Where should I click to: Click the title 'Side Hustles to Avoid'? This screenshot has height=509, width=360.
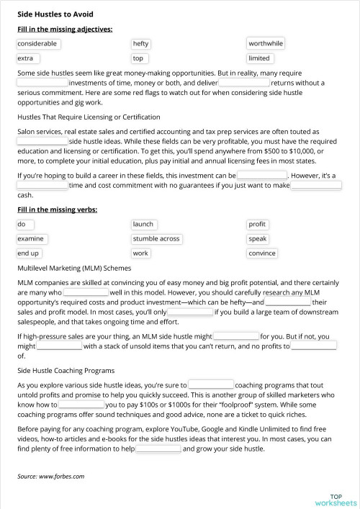coord(55,14)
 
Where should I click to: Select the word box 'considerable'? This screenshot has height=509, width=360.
coord(37,44)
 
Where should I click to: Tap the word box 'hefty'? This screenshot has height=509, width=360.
coord(141,44)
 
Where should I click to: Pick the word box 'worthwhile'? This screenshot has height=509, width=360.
coord(266,44)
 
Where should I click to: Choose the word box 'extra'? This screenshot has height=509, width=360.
coord(28,58)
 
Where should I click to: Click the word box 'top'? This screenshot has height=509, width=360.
coord(139,58)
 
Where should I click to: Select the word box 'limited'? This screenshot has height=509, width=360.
coord(259,58)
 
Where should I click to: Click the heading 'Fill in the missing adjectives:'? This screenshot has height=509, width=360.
coord(65,30)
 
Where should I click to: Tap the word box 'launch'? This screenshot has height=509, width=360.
coord(144,225)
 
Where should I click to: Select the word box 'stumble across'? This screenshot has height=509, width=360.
coord(156,239)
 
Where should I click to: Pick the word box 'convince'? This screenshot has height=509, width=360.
coord(262,253)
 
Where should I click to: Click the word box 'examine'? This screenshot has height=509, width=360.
coord(32,239)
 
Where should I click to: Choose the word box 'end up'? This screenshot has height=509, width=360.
coord(30,253)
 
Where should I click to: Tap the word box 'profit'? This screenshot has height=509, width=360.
coord(257,225)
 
